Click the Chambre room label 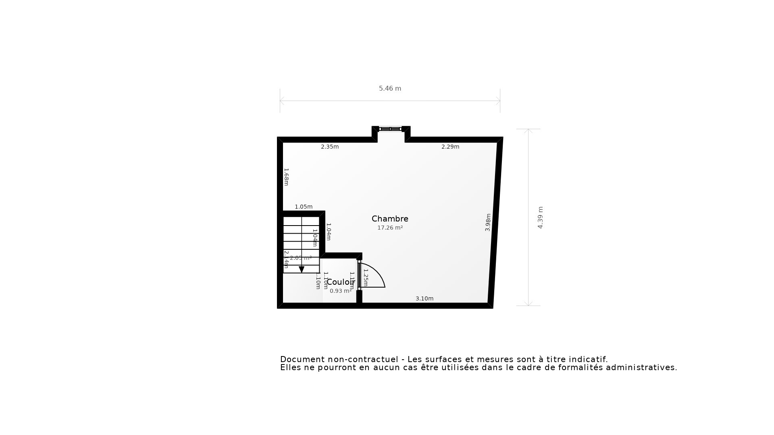[390, 219]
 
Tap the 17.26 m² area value [390, 228]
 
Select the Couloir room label [341, 282]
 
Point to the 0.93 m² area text [341, 291]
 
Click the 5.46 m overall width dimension [390, 89]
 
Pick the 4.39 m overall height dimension [541, 217]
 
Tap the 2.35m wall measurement [330, 147]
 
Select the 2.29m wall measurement [450, 147]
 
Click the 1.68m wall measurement [286, 177]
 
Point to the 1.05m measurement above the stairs [304, 207]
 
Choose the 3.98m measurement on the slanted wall [488, 222]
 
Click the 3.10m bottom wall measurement [424, 298]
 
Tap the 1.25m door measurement [366, 278]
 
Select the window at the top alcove [390, 129]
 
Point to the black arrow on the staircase [302, 269]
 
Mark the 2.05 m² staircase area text [301, 258]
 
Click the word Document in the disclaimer [302, 359]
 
